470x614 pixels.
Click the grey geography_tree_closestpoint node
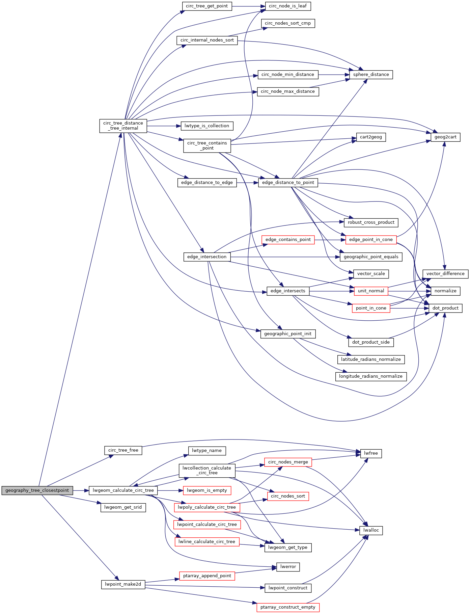[37, 490]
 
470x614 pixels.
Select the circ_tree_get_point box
[207, 6]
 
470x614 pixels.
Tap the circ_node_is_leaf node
[288, 6]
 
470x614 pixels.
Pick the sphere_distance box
[371, 75]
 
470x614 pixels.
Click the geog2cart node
[445, 137]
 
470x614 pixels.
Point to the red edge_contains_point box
[288, 240]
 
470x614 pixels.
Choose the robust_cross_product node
[371, 222]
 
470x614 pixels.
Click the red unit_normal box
[371, 291]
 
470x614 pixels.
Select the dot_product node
[445, 308]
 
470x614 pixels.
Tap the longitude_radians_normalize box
[371, 376]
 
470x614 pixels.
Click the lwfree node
[371, 453]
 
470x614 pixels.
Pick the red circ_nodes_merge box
[288, 462]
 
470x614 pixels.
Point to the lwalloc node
[371, 530]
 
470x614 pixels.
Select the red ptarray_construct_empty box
[288, 607]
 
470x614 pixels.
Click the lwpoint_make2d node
[123, 584]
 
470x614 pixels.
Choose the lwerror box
[288, 567]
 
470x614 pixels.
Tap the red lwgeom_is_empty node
[207, 490]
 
